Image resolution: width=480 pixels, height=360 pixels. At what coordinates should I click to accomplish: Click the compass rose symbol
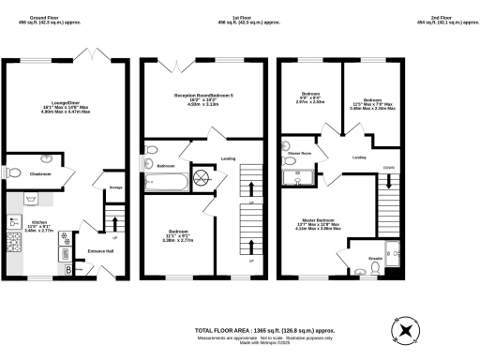point(406,332)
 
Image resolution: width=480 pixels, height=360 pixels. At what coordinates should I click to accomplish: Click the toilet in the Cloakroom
point(17,172)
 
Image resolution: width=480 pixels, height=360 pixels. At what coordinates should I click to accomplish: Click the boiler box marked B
point(68,270)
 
